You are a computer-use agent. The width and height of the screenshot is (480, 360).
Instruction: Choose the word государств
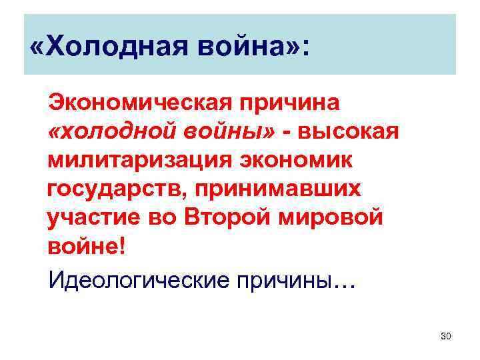tap(118, 189)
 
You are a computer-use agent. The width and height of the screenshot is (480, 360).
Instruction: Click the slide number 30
tap(446, 335)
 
